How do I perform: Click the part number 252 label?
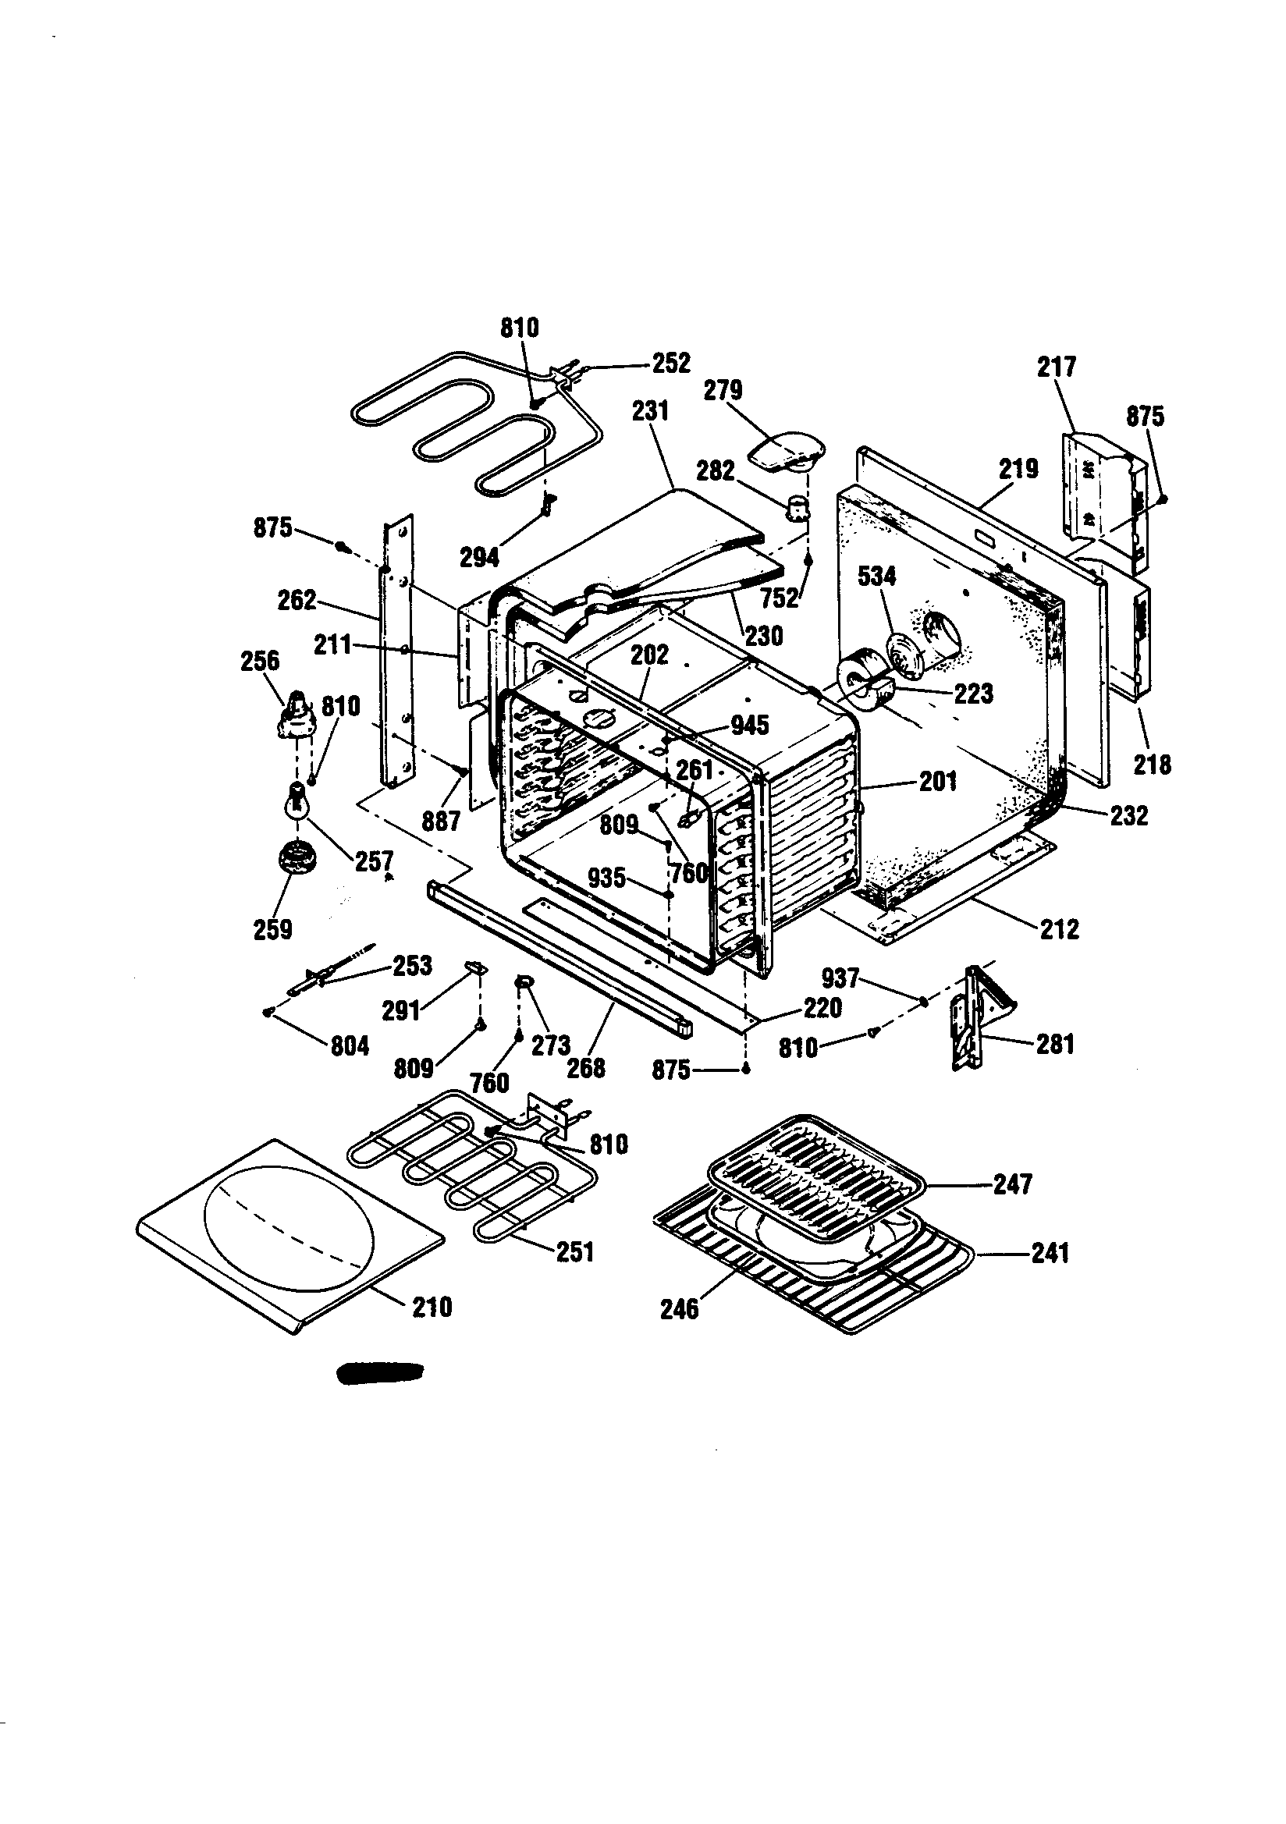[672, 363]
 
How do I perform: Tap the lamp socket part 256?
[295, 715]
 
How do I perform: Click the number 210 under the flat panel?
[432, 1307]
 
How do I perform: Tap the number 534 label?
[876, 577]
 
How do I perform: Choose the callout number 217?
[1057, 367]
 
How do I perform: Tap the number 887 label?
[441, 821]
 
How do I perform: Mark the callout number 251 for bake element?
[574, 1252]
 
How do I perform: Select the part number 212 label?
[1060, 928]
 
